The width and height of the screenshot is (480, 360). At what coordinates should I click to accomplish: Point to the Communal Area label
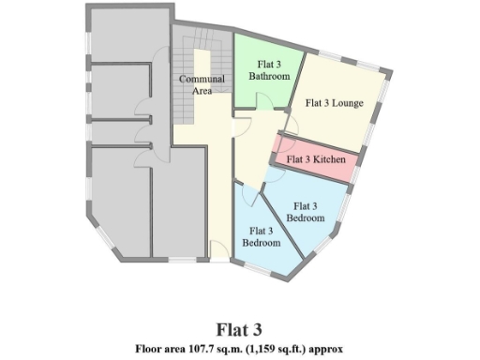click(202, 85)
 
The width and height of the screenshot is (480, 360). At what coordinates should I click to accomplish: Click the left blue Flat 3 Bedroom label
click(262, 236)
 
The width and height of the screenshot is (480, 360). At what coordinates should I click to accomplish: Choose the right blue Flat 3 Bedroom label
click(306, 211)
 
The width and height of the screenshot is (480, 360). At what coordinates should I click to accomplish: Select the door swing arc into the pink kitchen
click(278, 148)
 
